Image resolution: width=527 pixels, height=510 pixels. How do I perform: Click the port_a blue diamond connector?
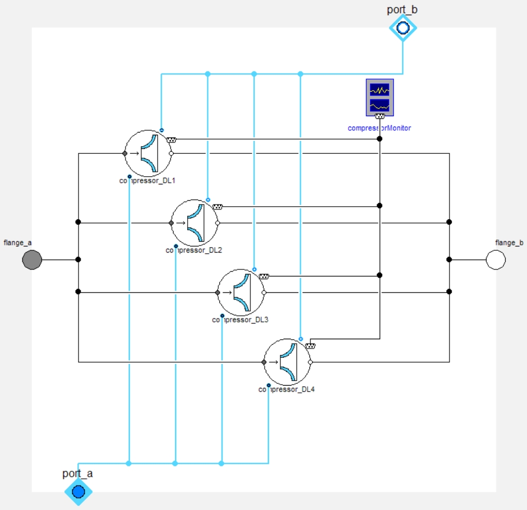[79, 491]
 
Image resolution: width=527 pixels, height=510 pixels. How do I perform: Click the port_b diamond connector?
[403, 27]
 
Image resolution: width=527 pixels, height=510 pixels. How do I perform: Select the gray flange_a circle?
[32, 260]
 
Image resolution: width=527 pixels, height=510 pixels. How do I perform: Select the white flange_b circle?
[495, 260]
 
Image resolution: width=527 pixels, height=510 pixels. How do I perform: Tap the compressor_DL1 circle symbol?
[148, 153]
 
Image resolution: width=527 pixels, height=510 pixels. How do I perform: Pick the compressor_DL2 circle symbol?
[195, 223]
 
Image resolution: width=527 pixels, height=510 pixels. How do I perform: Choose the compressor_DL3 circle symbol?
[241, 292]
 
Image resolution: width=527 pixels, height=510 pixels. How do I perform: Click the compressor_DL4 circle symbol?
[288, 361]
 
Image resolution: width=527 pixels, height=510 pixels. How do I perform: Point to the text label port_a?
[77, 473]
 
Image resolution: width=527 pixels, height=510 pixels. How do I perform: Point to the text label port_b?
[403, 9]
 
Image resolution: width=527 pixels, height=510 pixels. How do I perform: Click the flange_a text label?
[17, 242]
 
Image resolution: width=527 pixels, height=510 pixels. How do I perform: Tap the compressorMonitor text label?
[379, 128]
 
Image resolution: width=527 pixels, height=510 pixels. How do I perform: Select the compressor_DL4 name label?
[286, 389]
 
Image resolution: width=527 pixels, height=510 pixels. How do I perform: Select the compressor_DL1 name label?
[147, 181]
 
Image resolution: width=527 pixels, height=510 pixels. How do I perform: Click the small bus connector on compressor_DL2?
[218, 206]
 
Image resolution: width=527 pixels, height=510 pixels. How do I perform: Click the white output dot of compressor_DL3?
[263, 292]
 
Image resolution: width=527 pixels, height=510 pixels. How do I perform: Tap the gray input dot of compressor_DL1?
[125, 154]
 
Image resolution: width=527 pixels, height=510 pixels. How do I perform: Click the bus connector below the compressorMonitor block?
[380, 116]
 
